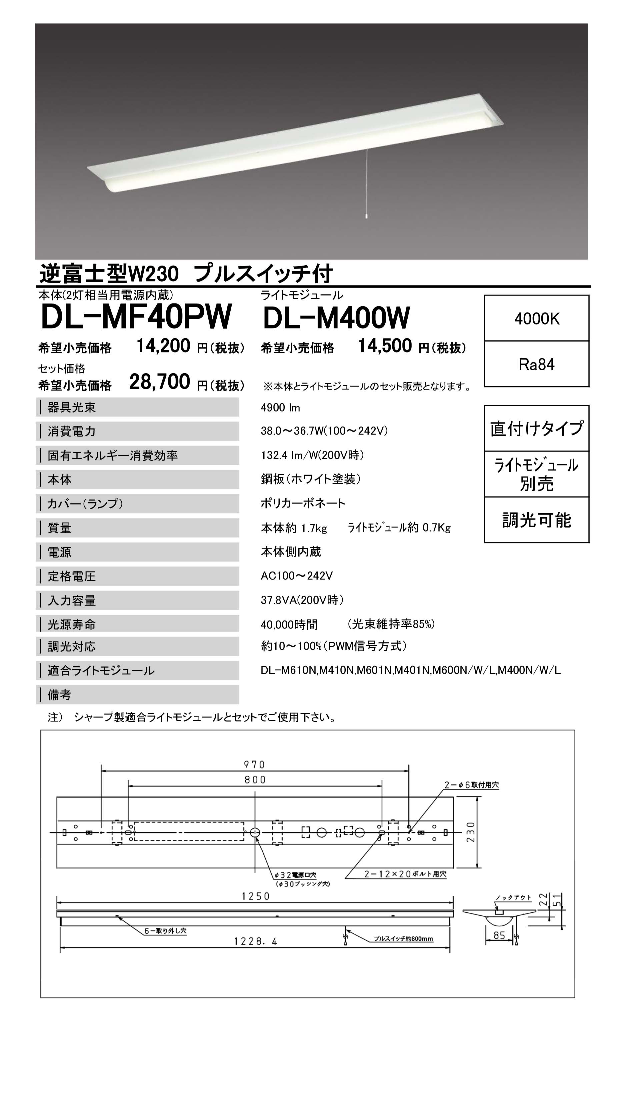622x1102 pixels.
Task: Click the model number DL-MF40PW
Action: (136, 318)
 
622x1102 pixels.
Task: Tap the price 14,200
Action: (163, 346)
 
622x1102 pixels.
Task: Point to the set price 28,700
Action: (160, 382)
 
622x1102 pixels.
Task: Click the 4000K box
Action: (536, 319)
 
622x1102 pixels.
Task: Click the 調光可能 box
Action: (536, 520)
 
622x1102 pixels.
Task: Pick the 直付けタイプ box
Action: (536, 428)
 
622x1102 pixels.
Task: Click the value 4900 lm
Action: (280, 408)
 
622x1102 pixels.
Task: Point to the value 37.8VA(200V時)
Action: (302, 600)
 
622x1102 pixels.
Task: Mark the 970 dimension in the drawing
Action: (255, 764)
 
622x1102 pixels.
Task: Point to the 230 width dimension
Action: (471, 832)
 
